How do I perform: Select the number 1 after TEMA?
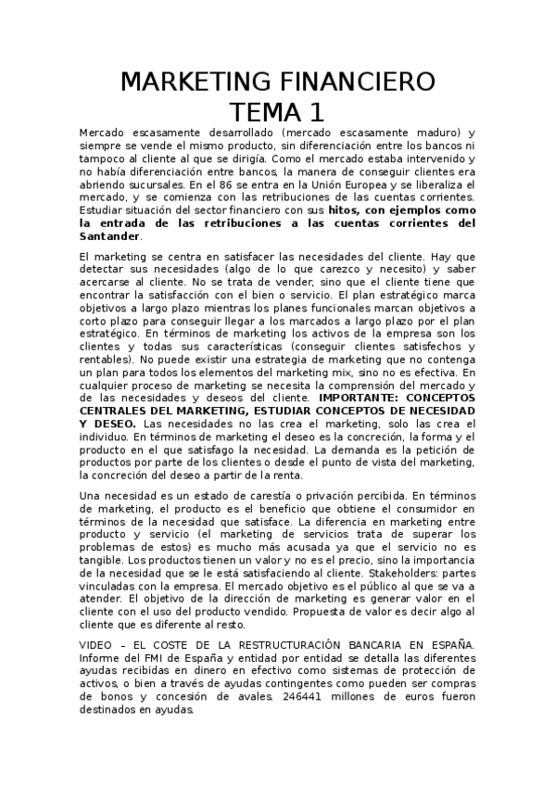click(318, 112)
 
